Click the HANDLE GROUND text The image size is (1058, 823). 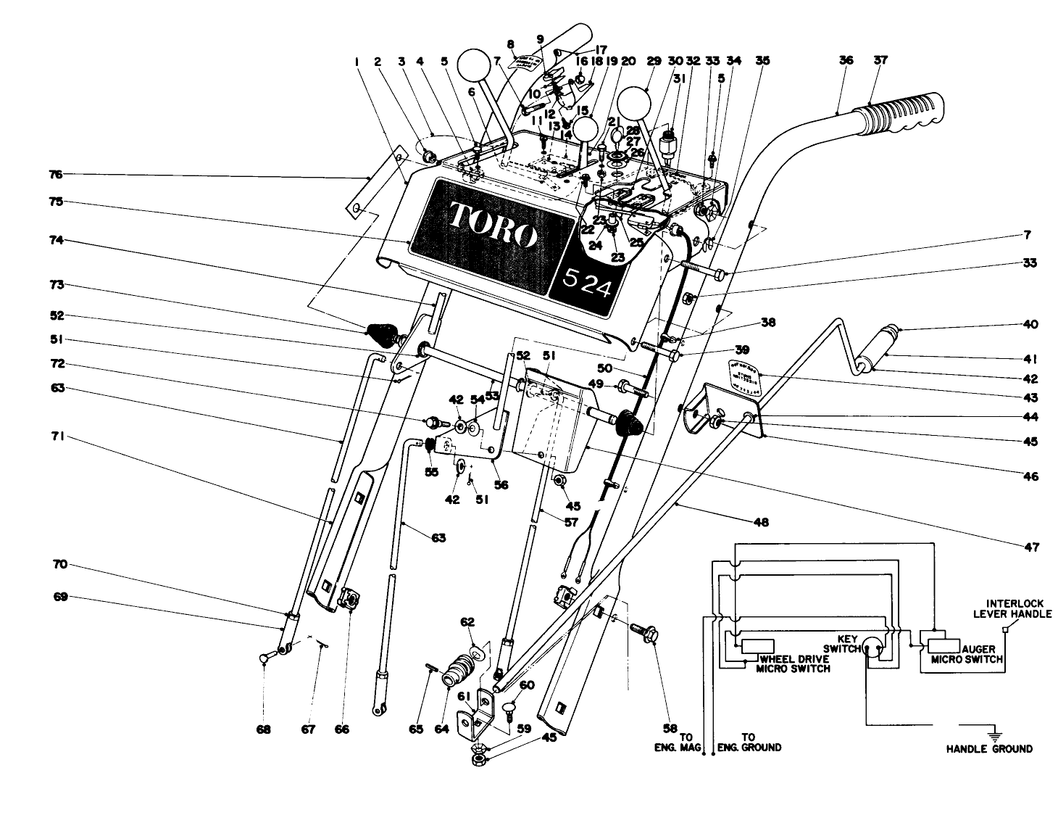[988, 749]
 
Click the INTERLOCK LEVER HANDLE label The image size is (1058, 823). [1013, 608]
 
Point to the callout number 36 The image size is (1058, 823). [845, 62]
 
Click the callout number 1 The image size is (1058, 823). [357, 62]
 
